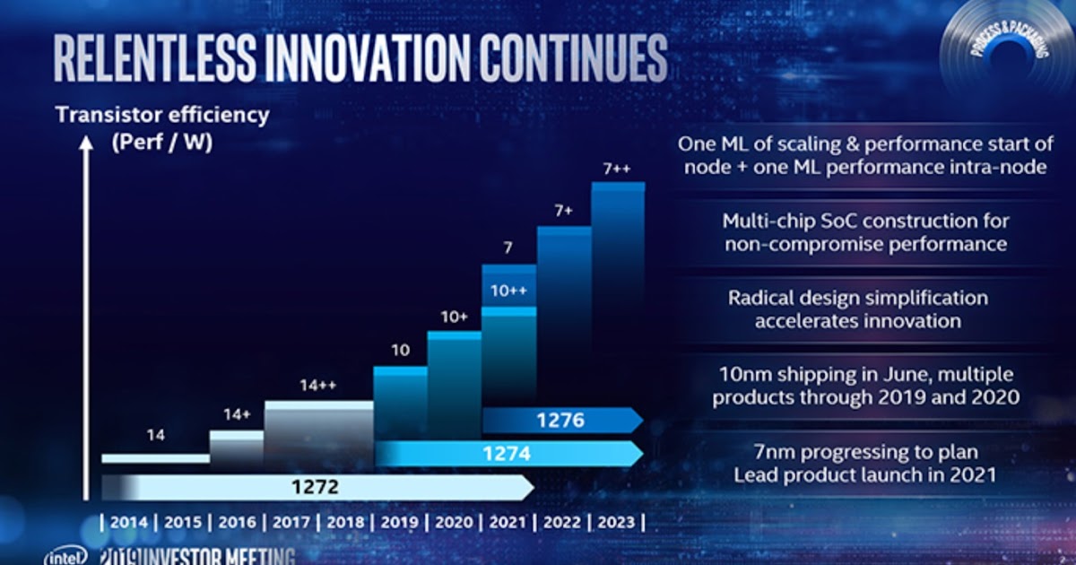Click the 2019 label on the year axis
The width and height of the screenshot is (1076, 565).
tap(400, 522)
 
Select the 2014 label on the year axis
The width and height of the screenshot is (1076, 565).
tap(129, 522)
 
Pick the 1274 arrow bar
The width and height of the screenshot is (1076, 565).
tap(508, 454)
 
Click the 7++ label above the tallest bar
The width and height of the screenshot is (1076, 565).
tap(618, 168)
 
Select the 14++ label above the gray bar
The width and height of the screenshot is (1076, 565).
tap(317, 386)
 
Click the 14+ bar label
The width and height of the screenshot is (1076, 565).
tap(237, 415)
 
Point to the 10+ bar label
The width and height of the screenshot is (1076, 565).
tap(455, 317)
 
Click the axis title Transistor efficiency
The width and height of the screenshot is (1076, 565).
tap(161, 115)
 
